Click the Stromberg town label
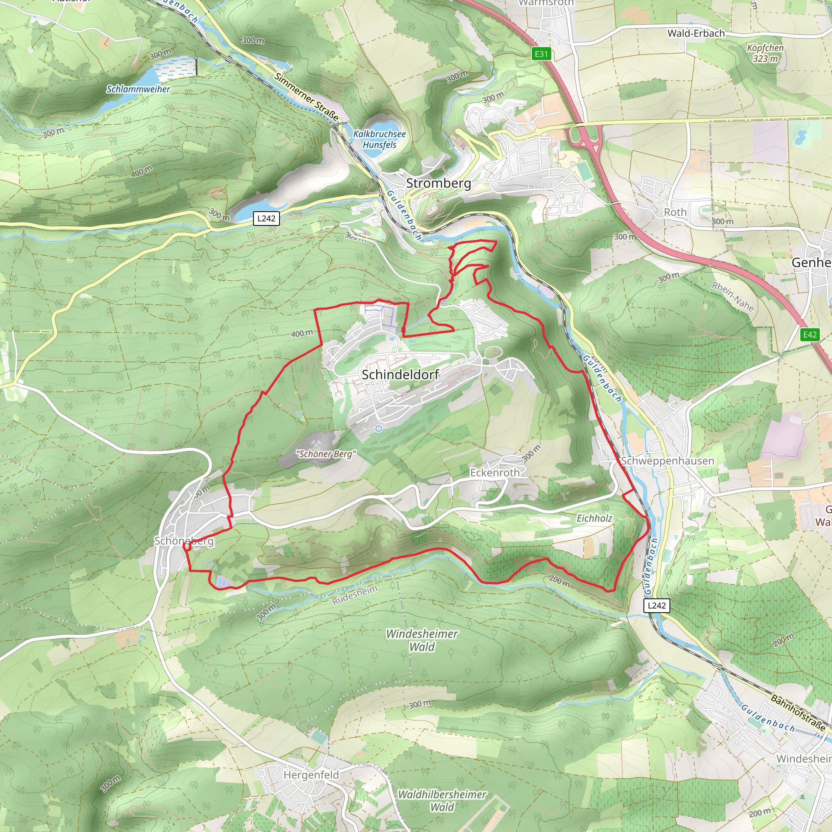click(x=438, y=183)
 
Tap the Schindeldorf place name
click(x=400, y=375)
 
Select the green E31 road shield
click(x=541, y=54)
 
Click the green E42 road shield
click(x=810, y=335)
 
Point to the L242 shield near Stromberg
click(x=266, y=218)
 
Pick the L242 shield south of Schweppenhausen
click(x=657, y=605)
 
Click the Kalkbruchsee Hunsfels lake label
click(x=379, y=139)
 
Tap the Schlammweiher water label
click(x=138, y=89)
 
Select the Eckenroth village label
click(x=494, y=472)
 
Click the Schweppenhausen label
click(x=667, y=461)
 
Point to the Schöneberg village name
click(x=184, y=541)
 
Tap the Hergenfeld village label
click(x=311, y=775)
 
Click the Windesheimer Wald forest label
click(x=422, y=640)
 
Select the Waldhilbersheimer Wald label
click(x=442, y=801)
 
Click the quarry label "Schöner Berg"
click(x=326, y=454)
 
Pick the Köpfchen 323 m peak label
click(x=765, y=53)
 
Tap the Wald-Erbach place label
click(x=696, y=33)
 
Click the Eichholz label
click(x=594, y=518)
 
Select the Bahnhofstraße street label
click(x=797, y=713)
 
